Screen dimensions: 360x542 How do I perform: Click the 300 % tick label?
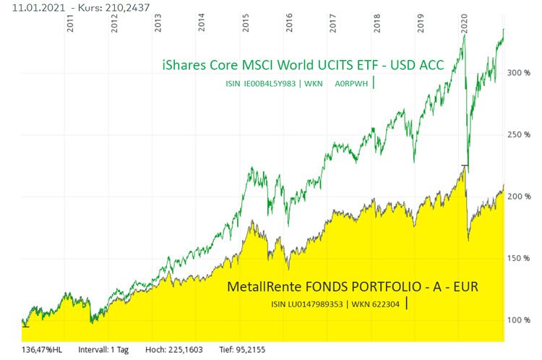pos(519,73)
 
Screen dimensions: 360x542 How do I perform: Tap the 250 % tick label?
pos(519,134)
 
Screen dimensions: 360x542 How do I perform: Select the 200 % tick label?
pos(519,197)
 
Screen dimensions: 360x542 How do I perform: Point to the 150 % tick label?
pos(519,258)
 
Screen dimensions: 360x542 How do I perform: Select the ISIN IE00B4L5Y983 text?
pos(261,85)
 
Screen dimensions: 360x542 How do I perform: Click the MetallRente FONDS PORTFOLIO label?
pos(353,287)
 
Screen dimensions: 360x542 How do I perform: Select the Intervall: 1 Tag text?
pos(103,349)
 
